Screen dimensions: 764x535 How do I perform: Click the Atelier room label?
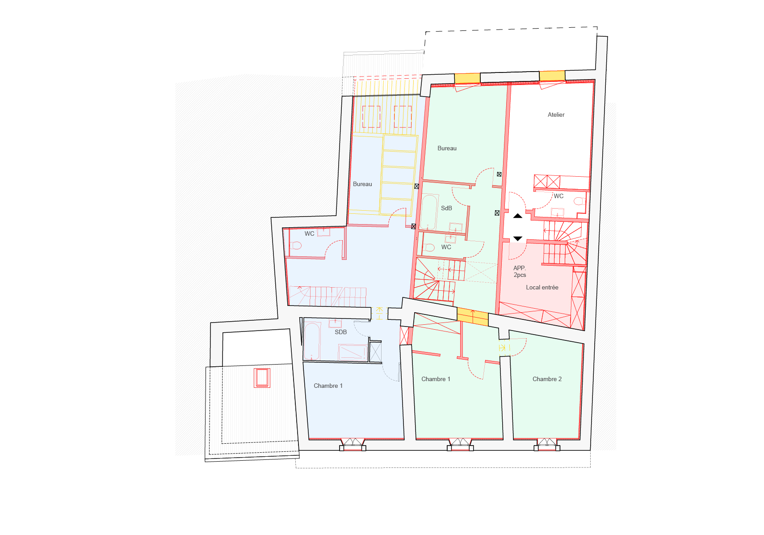tap(556, 115)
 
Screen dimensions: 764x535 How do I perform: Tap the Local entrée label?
tap(542, 288)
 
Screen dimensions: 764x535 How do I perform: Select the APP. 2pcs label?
tap(520, 272)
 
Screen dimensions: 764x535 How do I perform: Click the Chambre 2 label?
tap(547, 379)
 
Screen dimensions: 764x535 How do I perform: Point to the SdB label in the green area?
tap(446, 208)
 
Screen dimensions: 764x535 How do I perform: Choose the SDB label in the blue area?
tap(340, 332)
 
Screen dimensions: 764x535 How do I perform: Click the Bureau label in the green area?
tap(447, 148)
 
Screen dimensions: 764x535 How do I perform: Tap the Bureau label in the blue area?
tap(362, 184)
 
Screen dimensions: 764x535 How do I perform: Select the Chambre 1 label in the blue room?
tap(328, 386)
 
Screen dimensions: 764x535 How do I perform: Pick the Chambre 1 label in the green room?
tap(436, 379)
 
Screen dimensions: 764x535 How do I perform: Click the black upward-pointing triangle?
tap(517, 216)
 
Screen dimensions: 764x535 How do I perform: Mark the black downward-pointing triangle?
tap(517, 239)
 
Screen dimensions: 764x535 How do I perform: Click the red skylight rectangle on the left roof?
tap(262, 378)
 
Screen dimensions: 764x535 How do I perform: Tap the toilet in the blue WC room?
tap(296, 245)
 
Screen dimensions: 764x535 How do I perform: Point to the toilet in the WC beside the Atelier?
tap(579, 201)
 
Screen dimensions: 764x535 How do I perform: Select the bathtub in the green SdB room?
tap(429, 212)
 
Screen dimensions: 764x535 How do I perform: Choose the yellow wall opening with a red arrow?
tap(472, 317)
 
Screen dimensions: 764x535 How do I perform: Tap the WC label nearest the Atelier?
tap(558, 196)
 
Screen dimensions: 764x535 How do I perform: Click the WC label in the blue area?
tap(309, 234)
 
